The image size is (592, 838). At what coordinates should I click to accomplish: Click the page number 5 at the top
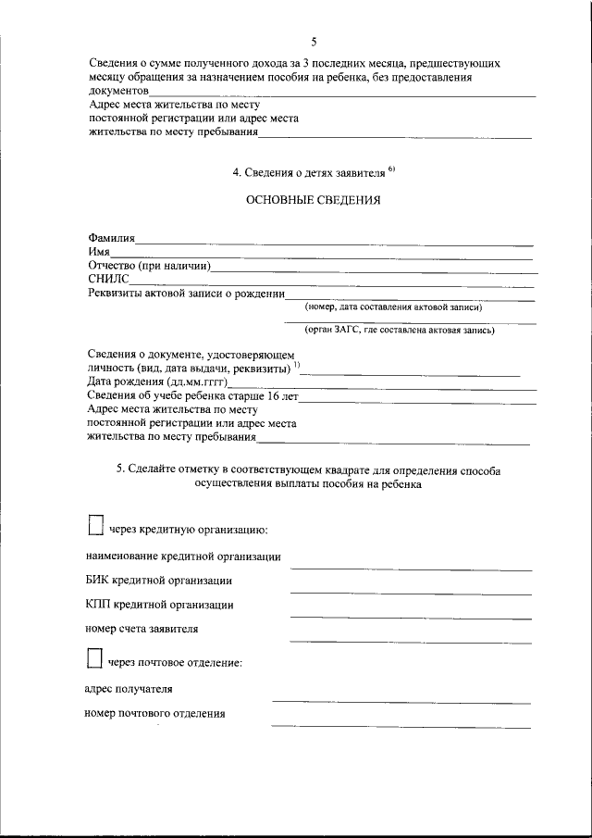coord(314,42)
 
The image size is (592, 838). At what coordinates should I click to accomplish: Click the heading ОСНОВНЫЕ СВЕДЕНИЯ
coord(313,200)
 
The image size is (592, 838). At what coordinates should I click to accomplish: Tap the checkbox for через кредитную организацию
coord(93,526)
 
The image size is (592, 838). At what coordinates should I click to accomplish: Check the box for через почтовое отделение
coord(93,658)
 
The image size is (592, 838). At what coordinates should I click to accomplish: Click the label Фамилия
coord(112,239)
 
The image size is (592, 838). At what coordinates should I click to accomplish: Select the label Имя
coord(99,252)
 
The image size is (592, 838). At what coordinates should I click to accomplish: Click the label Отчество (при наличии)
coord(151,266)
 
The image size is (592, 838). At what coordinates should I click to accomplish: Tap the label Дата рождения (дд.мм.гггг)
coord(157,382)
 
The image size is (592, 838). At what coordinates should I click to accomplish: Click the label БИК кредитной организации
coord(158,581)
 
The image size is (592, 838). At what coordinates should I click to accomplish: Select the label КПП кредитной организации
coord(159,605)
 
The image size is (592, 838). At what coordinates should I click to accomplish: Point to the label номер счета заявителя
coord(142,629)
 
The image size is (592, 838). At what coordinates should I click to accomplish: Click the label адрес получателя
coord(128,689)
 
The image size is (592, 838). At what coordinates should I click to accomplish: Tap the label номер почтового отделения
coord(154,714)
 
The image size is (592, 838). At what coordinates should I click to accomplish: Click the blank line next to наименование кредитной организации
coord(411,567)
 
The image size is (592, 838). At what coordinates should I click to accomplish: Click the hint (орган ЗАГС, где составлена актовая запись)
coord(400,330)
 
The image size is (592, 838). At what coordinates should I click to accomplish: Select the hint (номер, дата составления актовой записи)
coord(393,307)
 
